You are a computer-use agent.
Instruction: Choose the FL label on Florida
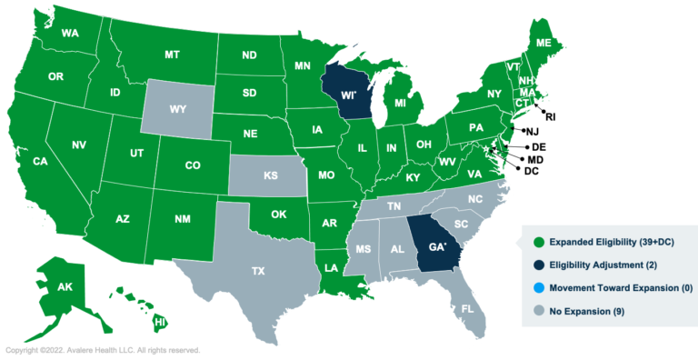click(467, 309)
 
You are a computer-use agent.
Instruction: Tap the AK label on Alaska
click(65, 286)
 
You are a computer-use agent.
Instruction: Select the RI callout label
click(549, 116)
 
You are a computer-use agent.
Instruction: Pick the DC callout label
click(532, 171)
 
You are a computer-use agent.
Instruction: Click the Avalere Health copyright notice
click(103, 350)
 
